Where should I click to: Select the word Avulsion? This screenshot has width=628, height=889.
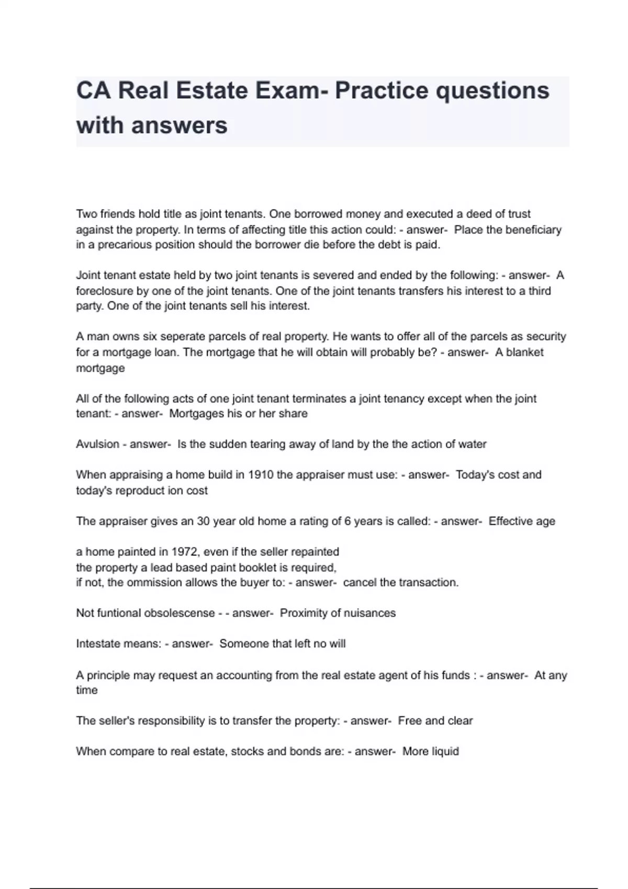(x=97, y=444)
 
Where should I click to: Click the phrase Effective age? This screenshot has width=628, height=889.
(x=522, y=521)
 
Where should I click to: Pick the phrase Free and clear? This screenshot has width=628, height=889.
(x=435, y=721)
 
